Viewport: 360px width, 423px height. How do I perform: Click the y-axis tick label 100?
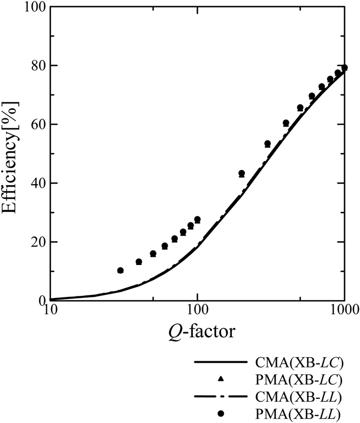(x=32, y=7)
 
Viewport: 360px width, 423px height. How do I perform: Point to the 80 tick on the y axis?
(x=35, y=66)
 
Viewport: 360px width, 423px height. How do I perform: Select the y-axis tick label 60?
(x=35, y=125)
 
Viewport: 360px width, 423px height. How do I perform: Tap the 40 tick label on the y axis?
(x=35, y=183)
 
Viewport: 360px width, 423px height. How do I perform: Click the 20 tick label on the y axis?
(x=35, y=242)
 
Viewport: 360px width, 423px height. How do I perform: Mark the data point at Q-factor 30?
(x=120, y=270)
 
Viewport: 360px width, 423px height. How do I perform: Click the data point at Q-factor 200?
(x=242, y=173)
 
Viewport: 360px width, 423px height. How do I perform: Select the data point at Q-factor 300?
(x=267, y=144)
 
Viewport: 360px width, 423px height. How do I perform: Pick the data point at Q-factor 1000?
(x=345, y=67)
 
